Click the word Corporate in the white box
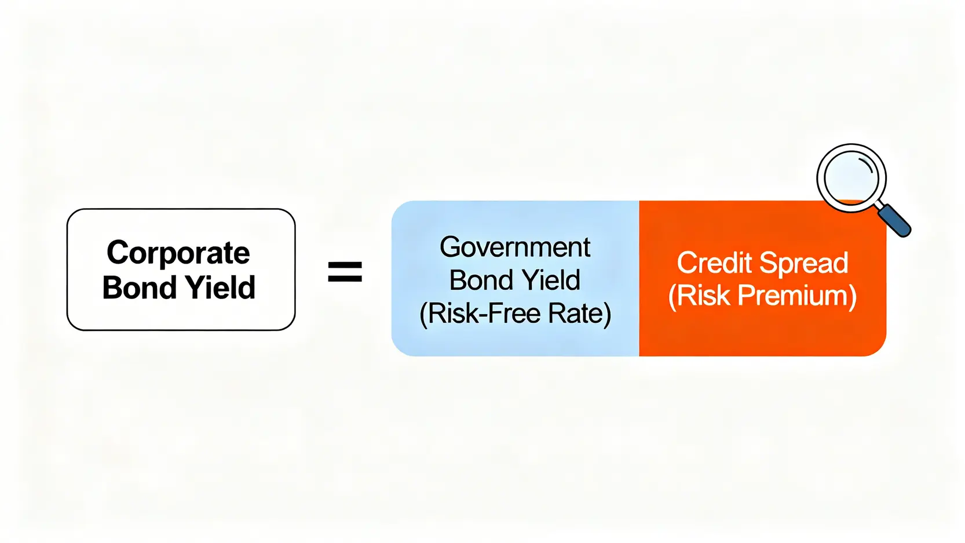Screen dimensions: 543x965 178,253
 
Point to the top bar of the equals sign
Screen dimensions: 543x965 345,265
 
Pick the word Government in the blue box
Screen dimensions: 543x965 515,247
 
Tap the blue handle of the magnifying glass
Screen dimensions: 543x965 894,220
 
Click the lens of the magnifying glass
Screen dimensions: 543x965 851,178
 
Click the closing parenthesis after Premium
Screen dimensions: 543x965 853,296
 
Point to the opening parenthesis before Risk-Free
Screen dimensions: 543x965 423,314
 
